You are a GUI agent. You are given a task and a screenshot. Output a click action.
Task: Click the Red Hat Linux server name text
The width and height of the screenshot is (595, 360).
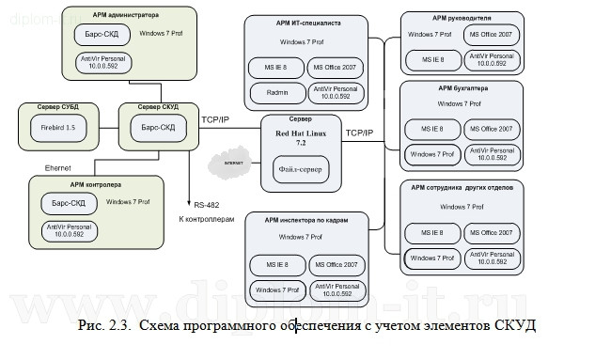(x=302, y=135)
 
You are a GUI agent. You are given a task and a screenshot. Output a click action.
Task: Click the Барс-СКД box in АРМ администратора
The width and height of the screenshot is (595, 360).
(x=102, y=35)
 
